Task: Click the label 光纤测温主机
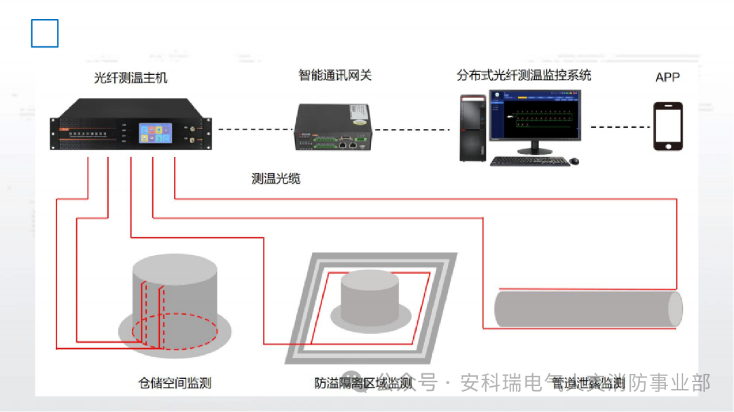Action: coord(130,78)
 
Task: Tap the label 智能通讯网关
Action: coord(335,75)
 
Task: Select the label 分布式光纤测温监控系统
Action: coord(524,75)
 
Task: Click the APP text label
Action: coord(667,78)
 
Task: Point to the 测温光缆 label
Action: coord(276,179)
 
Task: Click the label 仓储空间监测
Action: coord(175,383)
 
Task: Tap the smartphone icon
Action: coord(667,126)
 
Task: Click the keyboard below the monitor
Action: coord(529,161)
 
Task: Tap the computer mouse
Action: coord(574,161)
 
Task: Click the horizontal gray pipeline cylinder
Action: coord(588,308)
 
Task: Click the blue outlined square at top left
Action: coord(45,33)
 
